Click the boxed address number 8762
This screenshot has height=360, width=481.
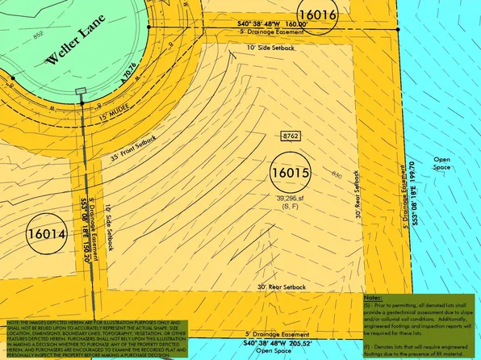pyautogui.click(x=291, y=136)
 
